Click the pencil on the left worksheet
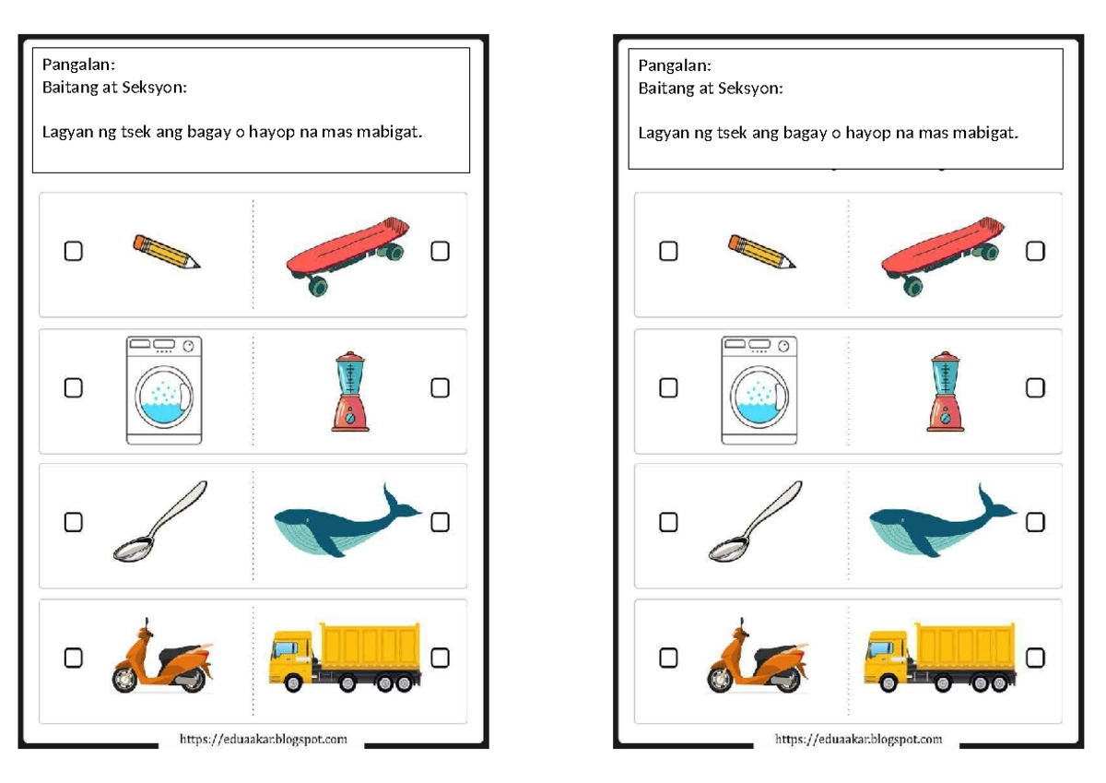point(166,252)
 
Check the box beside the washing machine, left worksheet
point(73,388)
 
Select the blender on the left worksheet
point(350,391)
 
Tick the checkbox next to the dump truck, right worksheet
point(1035,658)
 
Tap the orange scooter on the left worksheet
point(162,658)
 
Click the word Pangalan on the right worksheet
point(674,65)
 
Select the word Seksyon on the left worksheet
point(156,89)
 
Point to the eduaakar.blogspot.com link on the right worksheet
point(858,740)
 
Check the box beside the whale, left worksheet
point(440,522)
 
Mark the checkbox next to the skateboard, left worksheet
point(440,251)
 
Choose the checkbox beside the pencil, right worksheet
point(668,251)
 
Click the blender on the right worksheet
point(946,391)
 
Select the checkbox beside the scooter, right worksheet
point(668,658)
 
